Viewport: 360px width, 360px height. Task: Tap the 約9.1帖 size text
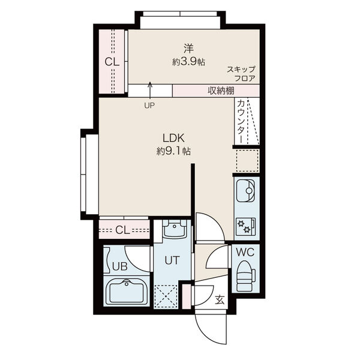173,152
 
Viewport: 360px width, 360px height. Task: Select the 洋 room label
188,48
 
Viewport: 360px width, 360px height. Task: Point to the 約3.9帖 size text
188,61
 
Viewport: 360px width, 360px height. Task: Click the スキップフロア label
241,73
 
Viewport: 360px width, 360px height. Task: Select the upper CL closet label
112,62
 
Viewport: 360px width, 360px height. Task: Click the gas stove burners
245,226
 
